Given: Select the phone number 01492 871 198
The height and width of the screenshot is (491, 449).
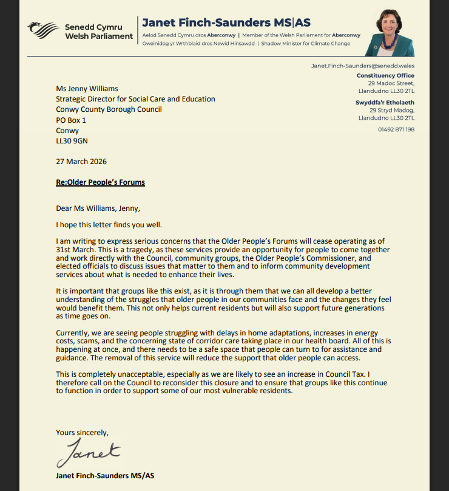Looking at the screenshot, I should pyautogui.click(x=396, y=129).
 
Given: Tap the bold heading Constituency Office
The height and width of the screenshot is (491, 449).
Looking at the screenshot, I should pyautogui.click(x=386, y=75).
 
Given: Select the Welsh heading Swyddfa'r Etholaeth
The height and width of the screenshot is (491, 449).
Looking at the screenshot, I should pyautogui.click(x=385, y=103).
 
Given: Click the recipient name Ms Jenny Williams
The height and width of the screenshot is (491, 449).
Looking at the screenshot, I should pyautogui.click(x=87, y=89).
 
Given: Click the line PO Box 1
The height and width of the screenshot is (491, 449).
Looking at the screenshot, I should pyautogui.click(x=71, y=120).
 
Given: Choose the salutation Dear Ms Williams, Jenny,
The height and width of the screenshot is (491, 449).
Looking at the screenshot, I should pyautogui.click(x=97, y=207).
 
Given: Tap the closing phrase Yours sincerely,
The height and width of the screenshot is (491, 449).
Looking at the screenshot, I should pyautogui.click(x=83, y=433).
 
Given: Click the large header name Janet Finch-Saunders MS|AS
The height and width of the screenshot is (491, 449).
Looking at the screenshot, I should pyautogui.click(x=226, y=23).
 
